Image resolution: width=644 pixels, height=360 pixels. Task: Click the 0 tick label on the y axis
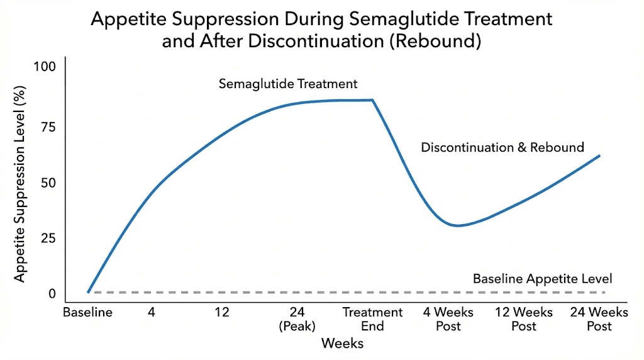tap(52, 293)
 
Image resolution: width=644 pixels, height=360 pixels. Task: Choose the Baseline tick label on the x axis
tap(87, 313)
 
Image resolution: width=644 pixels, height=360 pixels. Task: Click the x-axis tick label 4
tap(152, 313)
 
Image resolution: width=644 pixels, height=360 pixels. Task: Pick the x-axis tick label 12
tap(221, 313)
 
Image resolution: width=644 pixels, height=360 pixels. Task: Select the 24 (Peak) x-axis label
tap(297, 319)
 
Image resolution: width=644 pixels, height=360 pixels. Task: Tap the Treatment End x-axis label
tap(372, 319)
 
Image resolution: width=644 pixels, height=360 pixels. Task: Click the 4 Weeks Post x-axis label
tap(448, 319)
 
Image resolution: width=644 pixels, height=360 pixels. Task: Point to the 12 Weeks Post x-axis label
tap(523, 319)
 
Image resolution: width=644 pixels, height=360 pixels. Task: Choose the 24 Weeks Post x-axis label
tap(599, 319)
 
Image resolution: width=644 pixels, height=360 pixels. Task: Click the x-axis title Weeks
tap(342, 344)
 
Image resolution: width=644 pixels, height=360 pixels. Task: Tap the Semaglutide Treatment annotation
tap(288, 84)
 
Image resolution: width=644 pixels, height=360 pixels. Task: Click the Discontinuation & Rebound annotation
tap(502, 147)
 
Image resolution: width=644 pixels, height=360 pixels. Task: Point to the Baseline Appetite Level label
tap(542, 278)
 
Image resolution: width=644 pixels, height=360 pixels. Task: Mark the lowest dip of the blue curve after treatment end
tap(458, 225)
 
